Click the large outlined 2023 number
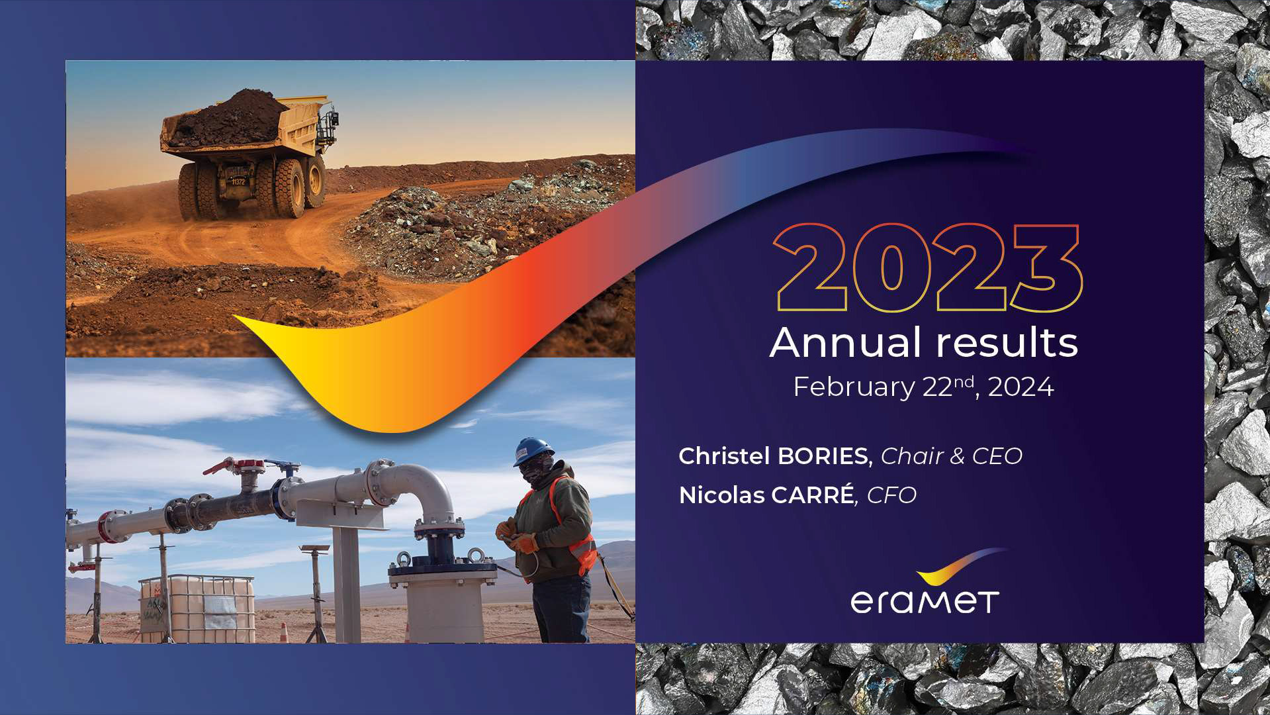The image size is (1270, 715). [928, 267]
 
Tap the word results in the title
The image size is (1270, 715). [1007, 343]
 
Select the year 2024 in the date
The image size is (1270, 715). [1021, 387]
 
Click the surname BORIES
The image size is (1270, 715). [823, 456]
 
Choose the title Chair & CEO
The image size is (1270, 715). [952, 456]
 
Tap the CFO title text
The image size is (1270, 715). [891, 495]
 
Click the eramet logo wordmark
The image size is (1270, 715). [925, 602]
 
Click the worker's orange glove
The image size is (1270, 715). [524, 543]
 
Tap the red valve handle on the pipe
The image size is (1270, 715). [218, 466]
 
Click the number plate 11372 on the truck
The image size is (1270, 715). [238, 180]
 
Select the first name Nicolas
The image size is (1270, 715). [723, 495]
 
